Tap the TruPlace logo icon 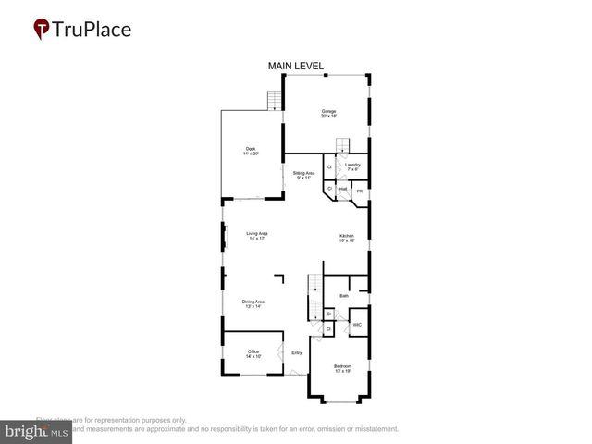43,29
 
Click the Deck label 250,151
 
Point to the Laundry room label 352,167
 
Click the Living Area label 256,236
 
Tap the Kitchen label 347,239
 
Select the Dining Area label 253,304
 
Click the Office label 253,353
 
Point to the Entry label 297,352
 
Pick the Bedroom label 343,368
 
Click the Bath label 344,296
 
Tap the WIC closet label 356,325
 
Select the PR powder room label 360,191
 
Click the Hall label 342,188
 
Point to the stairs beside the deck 274,101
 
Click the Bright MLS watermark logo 36,431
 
